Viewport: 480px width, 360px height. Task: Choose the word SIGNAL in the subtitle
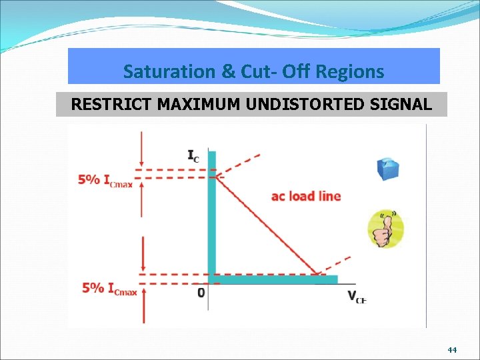pyautogui.click(x=403, y=105)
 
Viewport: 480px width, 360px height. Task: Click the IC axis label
pyautogui.click(x=193, y=157)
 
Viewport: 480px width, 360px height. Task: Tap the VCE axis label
pyautogui.click(x=356, y=297)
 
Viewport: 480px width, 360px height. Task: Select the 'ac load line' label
pyautogui.click(x=306, y=196)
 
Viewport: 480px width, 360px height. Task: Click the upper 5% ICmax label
pyautogui.click(x=105, y=180)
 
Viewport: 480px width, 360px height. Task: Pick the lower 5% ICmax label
pyautogui.click(x=109, y=289)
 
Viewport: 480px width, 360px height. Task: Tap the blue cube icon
pyautogui.click(x=387, y=168)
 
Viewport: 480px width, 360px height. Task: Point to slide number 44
pyautogui.click(x=452, y=349)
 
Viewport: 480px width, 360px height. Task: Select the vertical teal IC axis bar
pyautogui.click(x=212, y=213)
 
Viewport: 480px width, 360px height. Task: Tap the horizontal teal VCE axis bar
pyautogui.click(x=273, y=279)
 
